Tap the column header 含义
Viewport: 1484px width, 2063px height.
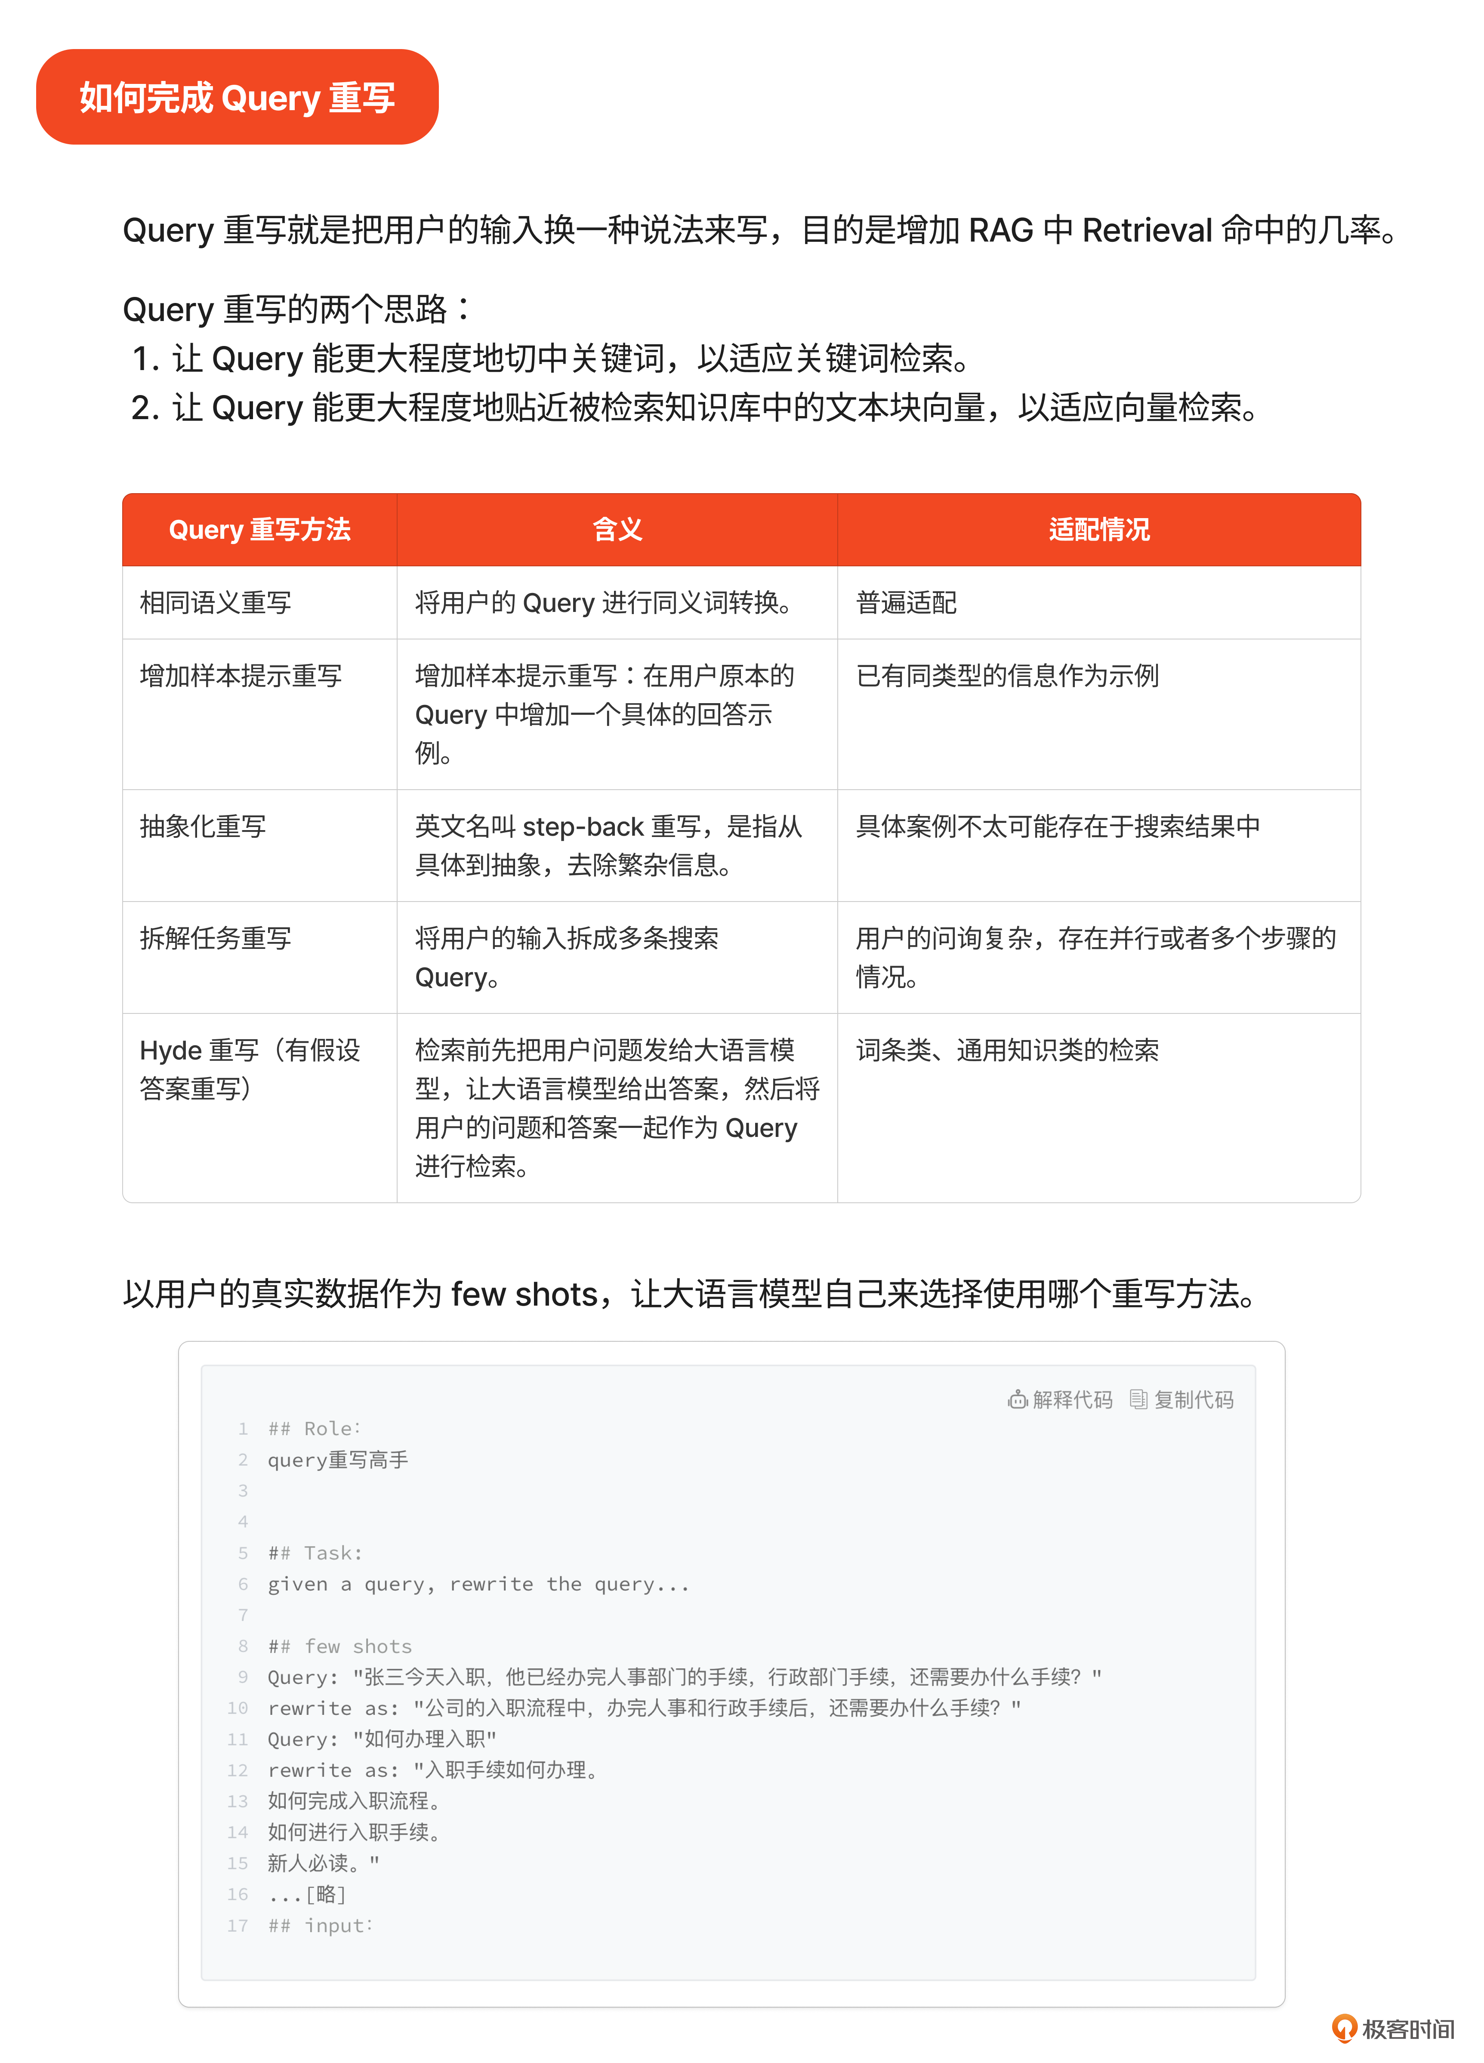(x=617, y=529)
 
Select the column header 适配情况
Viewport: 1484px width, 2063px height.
(x=1098, y=529)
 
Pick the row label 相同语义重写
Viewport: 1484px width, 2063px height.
(x=216, y=602)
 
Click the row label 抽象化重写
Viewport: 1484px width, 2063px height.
(x=203, y=826)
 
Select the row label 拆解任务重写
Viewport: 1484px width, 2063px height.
(x=216, y=938)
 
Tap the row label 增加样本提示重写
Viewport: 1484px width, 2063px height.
(x=241, y=676)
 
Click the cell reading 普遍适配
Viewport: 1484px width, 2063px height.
(x=907, y=602)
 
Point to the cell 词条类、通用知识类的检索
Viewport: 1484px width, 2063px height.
(x=1008, y=1050)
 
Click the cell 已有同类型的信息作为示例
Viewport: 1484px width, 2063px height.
(x=1008, y=676)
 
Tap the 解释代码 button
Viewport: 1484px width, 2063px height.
(x=1060, y=1399)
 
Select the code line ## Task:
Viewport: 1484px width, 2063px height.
(x=315, y=1553)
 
